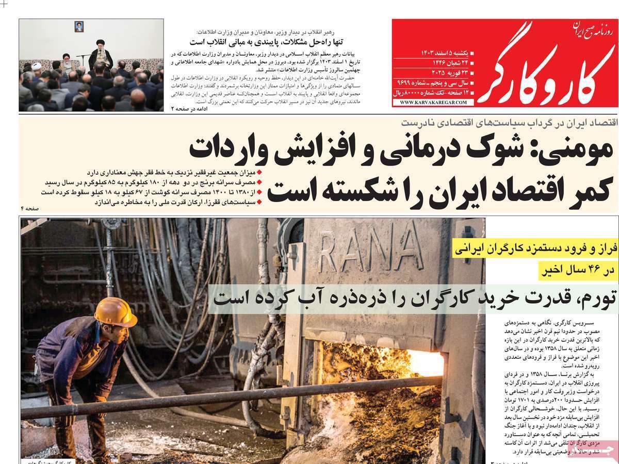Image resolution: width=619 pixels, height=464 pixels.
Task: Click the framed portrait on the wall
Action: coord(78,26)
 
